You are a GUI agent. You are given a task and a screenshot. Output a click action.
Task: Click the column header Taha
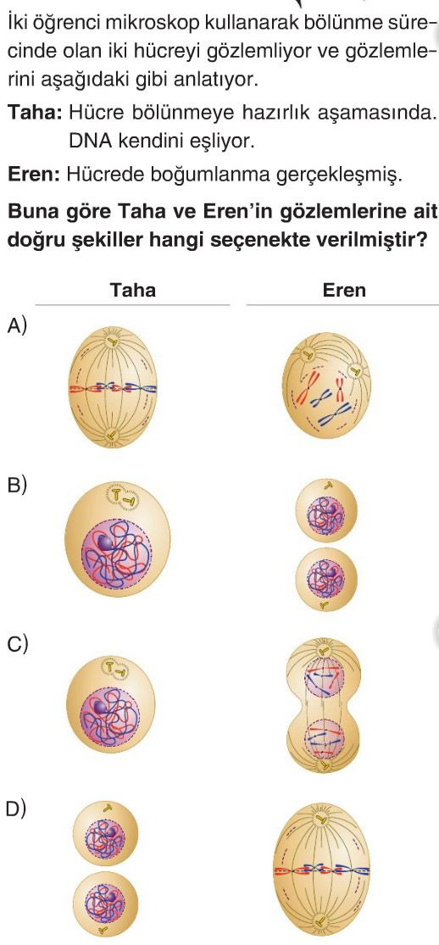coord(133,290)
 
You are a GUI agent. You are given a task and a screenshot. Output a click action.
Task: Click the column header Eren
coord(344,290)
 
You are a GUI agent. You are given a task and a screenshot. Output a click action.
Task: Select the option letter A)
coord(17,326)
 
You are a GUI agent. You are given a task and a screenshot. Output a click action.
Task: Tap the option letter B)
coord(17,486)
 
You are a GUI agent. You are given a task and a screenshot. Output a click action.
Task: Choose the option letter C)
coord(17,646)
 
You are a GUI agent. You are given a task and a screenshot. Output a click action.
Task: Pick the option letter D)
coord(17,809)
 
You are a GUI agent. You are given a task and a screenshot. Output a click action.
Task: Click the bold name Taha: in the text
coord(35,112)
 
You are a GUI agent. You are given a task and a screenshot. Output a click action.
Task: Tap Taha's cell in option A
coord(113,387)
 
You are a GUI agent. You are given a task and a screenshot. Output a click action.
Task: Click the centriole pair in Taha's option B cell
coord(122,497)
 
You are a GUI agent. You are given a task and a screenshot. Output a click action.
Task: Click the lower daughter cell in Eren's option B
coord(326,579)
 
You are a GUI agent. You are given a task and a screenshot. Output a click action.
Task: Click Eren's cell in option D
coord(322,870)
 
